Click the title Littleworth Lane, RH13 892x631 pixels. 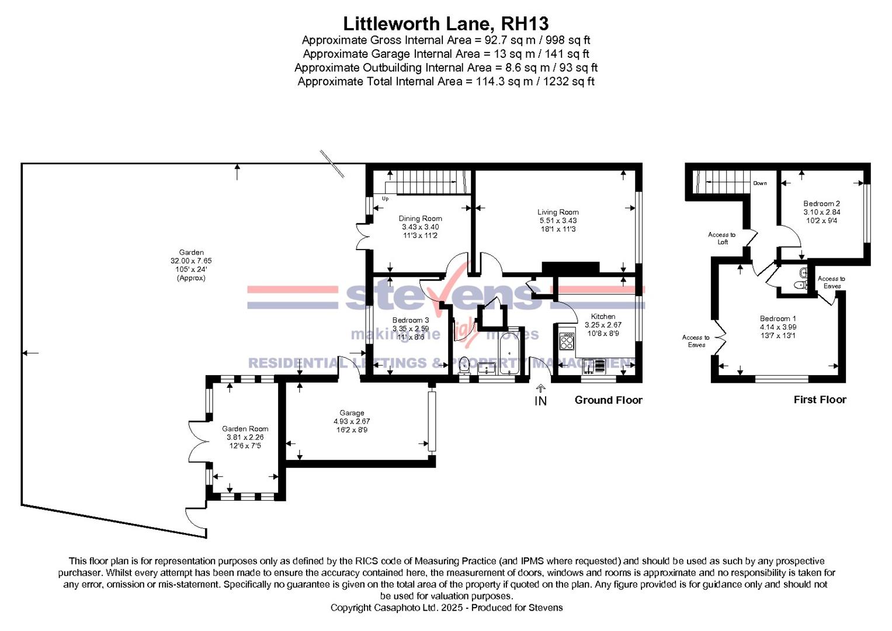pos(446,23)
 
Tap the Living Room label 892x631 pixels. pos(558,213)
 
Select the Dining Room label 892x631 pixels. pos(420,219)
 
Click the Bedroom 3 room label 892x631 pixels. pos(410,320)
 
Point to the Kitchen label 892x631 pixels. pos(603,317)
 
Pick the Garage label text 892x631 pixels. pos(352,413)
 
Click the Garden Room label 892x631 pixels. pos(245,429)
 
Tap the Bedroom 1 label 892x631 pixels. pos(778,319)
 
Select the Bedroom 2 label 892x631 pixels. pos(821,204)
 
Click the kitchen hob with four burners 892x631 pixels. pos(566,341)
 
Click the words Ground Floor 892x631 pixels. pos(608,400)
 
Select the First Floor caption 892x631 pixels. pos(820,400)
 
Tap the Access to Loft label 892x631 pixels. pos(722,238)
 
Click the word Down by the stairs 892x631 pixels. pos(759,183)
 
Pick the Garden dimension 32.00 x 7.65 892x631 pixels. pos(192,261)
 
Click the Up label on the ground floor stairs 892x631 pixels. pos(385,199)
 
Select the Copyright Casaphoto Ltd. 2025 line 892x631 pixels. pos(446,608)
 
